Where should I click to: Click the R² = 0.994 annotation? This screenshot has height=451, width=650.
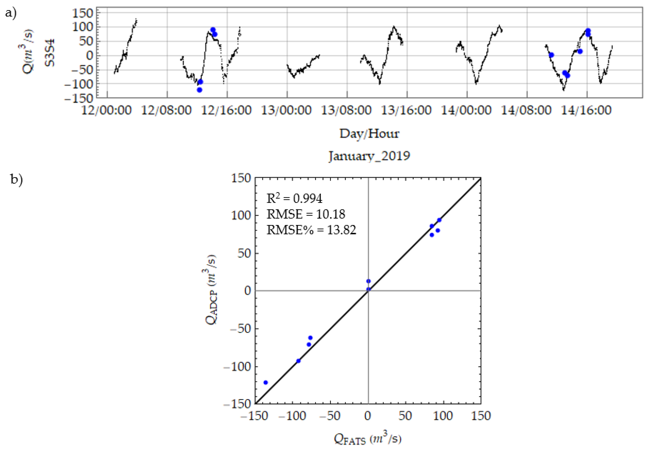[294, 198]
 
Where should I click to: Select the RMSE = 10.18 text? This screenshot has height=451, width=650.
[306, 214]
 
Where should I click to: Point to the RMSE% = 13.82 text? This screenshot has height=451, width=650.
[311, 230]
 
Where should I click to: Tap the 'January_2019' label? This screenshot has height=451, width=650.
[369, 156]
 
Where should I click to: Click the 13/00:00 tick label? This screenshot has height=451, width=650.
[286, 110]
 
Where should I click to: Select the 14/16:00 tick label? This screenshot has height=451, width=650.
[586, 110]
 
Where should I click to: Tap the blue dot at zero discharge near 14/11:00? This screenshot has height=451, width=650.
[551, 55]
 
